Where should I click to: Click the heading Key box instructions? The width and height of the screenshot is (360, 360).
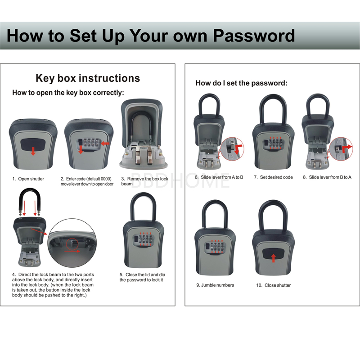coord(88,78)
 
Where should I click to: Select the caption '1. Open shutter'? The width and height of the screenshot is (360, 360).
coord(28,179)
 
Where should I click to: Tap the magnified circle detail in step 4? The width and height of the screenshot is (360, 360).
coord(71,242)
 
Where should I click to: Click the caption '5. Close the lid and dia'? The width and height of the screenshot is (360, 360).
coord(142,277)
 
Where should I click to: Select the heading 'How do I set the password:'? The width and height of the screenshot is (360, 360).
coord(241,83)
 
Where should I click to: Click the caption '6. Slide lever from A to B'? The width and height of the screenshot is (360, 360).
coord(219,177)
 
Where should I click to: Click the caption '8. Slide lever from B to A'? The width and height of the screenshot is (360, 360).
coord(327,177)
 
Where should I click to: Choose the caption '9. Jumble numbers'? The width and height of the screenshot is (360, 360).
coord(215,285)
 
